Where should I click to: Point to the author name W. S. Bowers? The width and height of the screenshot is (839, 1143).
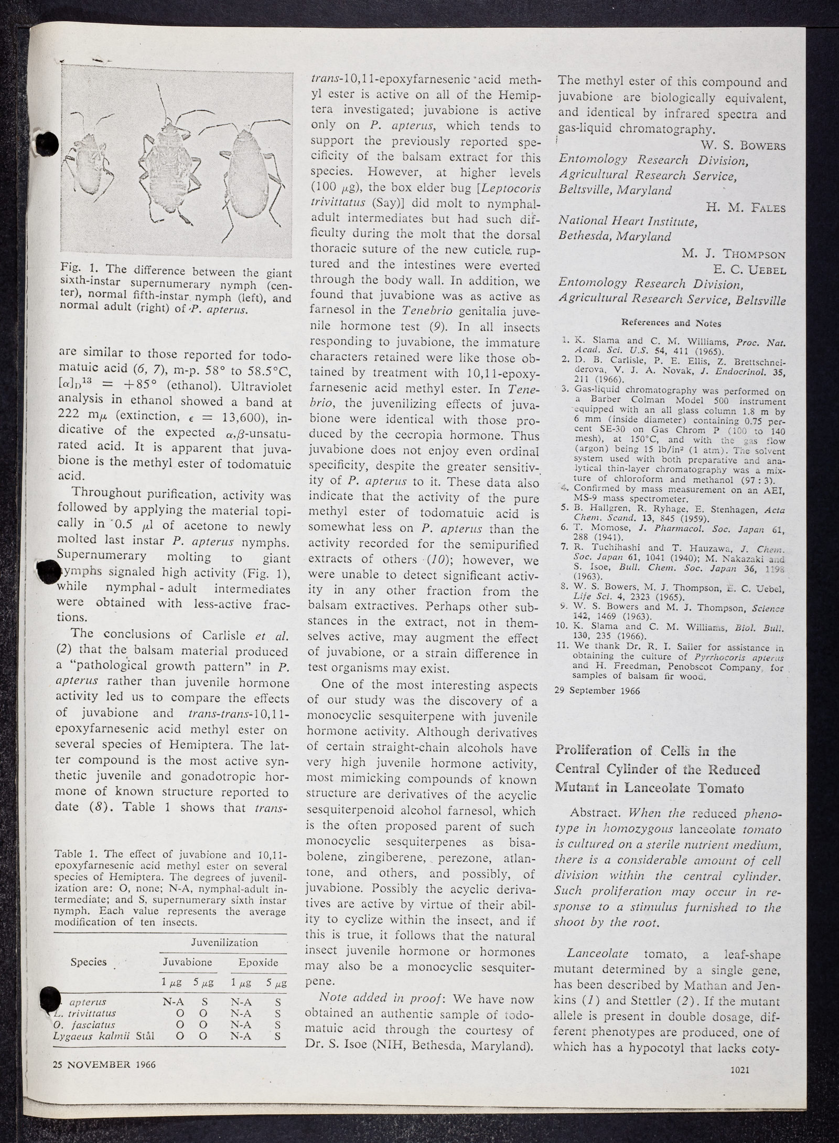743,145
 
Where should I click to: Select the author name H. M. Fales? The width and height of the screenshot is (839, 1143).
746,208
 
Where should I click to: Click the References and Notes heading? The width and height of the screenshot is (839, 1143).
671,323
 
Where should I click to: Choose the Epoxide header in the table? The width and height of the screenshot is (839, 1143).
257,962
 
